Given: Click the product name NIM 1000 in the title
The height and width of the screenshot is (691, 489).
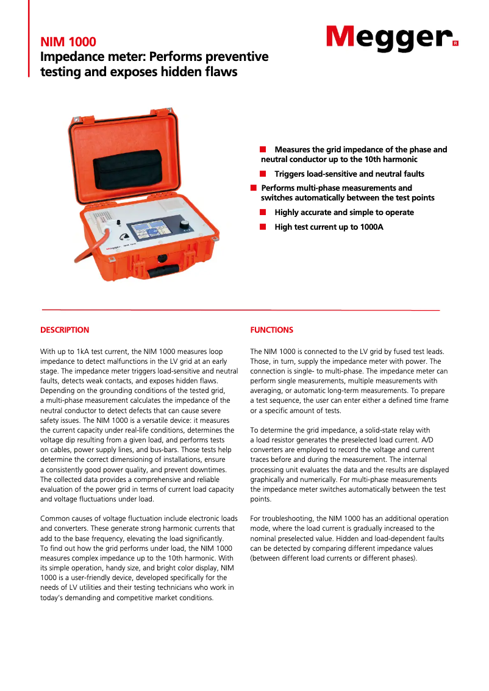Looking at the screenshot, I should tap(68, 42).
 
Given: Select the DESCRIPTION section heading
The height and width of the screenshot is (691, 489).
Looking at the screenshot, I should tap(65, 330).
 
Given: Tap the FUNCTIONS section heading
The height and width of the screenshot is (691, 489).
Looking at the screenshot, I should tap(272, 330).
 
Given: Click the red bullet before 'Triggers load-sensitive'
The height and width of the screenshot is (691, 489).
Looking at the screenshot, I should tap(263, 174).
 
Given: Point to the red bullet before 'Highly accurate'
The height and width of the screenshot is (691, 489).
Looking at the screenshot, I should tap(263, 212).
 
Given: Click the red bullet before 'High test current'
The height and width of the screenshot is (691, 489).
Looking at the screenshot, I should tap(263, 227).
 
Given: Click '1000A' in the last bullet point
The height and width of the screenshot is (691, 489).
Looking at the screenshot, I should tap(371, 227).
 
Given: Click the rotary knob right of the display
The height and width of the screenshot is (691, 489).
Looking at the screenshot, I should tap(184, 225).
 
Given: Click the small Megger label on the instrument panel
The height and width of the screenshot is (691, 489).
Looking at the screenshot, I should tap(114, 249).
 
